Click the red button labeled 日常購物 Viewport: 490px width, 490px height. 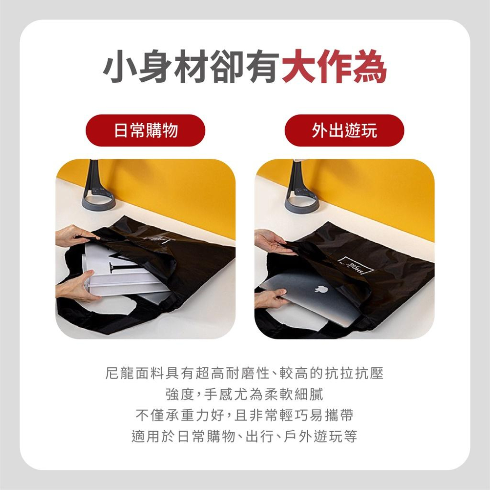click(x=146, y=130)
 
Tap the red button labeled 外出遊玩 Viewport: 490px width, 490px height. click(x=344, y=130)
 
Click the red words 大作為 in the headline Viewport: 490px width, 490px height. click(x=334, y=66)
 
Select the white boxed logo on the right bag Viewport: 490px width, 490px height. click(x=355, y=267)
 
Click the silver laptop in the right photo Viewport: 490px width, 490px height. click(x=313, y=297)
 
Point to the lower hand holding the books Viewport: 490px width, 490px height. click(x=75, y=286)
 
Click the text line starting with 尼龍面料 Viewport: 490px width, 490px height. click(x=245, y=373)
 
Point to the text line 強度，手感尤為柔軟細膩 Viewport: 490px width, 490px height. click(x=245, y=394)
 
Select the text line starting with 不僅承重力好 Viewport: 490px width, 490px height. click(x=245, y=416)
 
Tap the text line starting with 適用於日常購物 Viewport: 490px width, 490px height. click(x=245, y=436)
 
